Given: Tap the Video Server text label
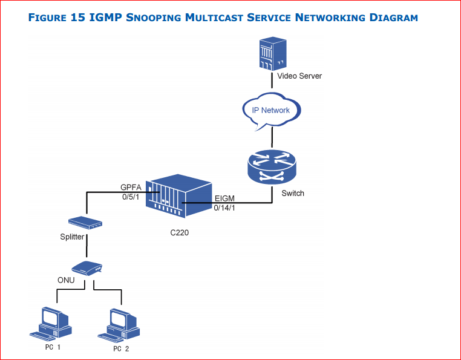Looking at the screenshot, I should tap(299, 76).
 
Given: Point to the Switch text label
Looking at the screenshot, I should tap(293, 194).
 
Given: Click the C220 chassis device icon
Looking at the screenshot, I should tap(179, 198).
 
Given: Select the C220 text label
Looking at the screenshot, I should tap(180, 232).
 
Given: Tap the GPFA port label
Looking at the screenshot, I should tap(131, 188).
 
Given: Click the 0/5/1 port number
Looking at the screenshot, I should tap(130, 197).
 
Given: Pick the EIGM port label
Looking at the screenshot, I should tap(225, 198).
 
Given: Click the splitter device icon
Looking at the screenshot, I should tap(85, 223).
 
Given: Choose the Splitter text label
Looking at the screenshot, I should tap(72, 237).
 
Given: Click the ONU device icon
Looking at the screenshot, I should tap(87, 267).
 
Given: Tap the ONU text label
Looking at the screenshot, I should tap(66, 280).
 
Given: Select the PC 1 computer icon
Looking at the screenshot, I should tap(48, 323).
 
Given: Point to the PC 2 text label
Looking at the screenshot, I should tap(121, 349).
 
